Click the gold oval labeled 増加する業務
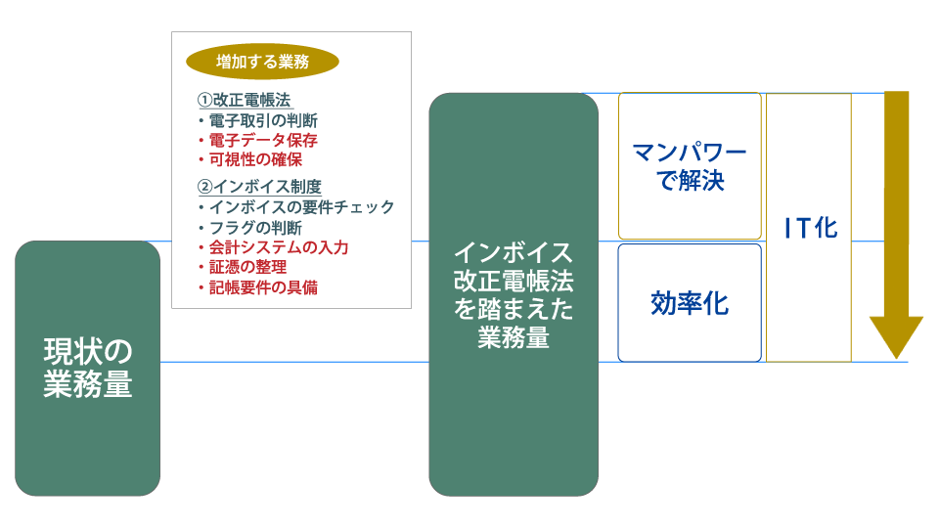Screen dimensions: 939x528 (x=262, y=61)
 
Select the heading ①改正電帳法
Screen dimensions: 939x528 (x=245, y=100)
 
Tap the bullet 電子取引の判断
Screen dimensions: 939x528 (x=258, y=120)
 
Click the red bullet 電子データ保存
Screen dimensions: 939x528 (x=258, y=140)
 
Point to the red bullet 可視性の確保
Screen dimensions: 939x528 (x=250, y=159)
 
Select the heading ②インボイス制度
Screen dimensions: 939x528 (x=260, y=186)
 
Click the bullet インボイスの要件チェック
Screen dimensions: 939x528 (x=296, y=207)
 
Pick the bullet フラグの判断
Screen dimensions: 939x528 (x=250, y=228)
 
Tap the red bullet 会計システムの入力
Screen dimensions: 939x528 (x=274, y=247)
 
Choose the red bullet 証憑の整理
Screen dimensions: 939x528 (x=243, y=267)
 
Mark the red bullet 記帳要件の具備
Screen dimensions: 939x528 (x=258, y=287)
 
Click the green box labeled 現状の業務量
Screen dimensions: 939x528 (x=87, y=369)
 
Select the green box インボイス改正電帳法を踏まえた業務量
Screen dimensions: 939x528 (x=514, y=294)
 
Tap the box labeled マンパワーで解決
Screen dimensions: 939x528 (x=690, y=166)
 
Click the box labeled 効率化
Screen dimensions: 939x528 (x=690, y=303)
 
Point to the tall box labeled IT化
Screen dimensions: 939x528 (x=809, y=228)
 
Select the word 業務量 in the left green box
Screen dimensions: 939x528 (x=87, y=383)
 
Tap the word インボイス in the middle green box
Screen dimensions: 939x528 (x=514, y=252)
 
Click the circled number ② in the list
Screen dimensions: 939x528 (x=204, y=186)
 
